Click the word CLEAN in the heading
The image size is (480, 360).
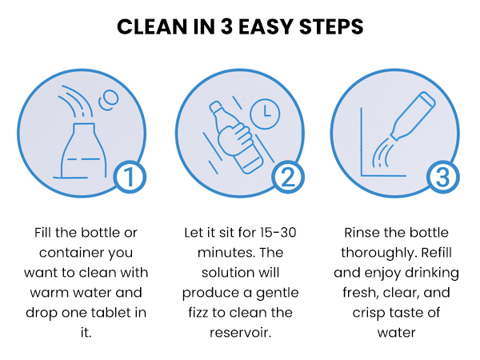pyautogui.click(x=152, y=26)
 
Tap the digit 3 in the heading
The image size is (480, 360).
pyautogui.click(x=226, y=26)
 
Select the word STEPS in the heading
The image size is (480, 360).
pyautogui.click(x=331, y=26)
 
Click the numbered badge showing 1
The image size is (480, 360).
pyautogui.click(x=130, y=178)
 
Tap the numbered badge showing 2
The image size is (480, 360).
pyautogui.click(x=288, y=178)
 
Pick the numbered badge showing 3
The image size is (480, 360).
pyautogui.click(x=442, y=178)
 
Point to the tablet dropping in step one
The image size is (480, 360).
pyautogui.click(x=108, y=100)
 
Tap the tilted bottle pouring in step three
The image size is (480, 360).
pyautogui.click(x=413, y=116)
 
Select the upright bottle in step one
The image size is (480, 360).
pyautogui.click(x=83, y=150)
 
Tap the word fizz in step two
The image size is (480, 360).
pyautogui.click(x=198, y=313)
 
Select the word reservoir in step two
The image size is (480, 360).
pyautogui.click(x=240, y=333)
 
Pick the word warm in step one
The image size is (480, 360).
pyautogui.click(x=48, y=293)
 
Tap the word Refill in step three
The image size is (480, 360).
pyautogui.click(x=436, y=253)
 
